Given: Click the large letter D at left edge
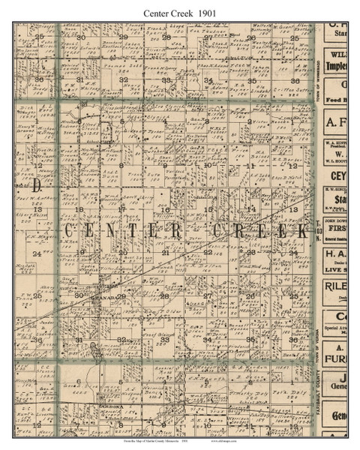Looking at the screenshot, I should (x=35, y=184).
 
